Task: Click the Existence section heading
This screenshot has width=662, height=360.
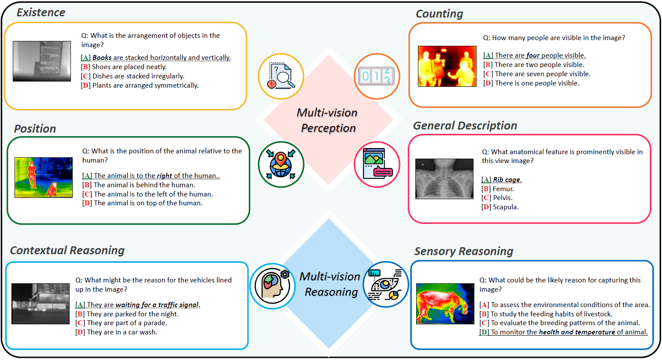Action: (x=41, y=12)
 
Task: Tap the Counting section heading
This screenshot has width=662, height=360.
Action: (x=439, y=14)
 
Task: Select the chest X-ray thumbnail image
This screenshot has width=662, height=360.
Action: (x=444, y=179)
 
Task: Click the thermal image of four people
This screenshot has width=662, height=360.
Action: (x=447, y=66)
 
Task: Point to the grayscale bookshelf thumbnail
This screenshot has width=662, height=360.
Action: (x=42, y=61)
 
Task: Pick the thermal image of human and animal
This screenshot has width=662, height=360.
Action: (x=44, y=177)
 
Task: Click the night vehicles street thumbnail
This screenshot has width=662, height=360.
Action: (x=41, y=304)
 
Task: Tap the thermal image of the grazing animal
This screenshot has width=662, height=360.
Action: (x=445, y=304)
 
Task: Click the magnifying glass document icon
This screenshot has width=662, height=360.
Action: (x=281, y=76)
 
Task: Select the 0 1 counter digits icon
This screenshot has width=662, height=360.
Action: (x=377, y=76)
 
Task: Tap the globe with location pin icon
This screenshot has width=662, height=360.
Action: (x=281, y=164)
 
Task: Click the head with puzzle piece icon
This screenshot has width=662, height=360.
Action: (x=273, y=286)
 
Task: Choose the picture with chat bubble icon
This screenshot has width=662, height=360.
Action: (x=377, y=164)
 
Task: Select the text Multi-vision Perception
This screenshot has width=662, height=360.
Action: (x=328, y=120)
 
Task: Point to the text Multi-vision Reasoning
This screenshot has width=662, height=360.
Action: (x=330, y=284)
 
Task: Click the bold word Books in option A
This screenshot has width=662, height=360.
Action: (x=102, y=58)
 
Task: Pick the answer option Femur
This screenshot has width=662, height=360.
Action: (x=503, y=189)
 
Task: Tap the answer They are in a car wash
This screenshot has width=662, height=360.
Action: (x=122, y=332)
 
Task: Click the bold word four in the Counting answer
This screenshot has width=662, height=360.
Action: (x=533, y=56)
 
